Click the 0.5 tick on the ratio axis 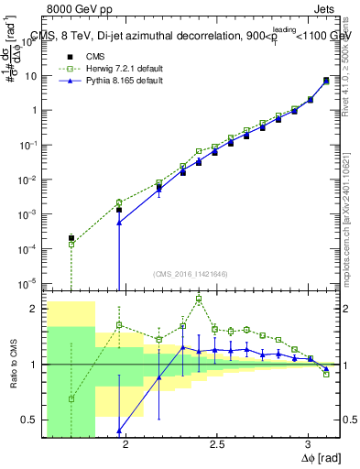tap(31, 420)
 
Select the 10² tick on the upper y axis tap(30, 40)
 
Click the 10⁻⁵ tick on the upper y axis tap(30, 282)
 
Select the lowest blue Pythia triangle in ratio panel tap(119, 431)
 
